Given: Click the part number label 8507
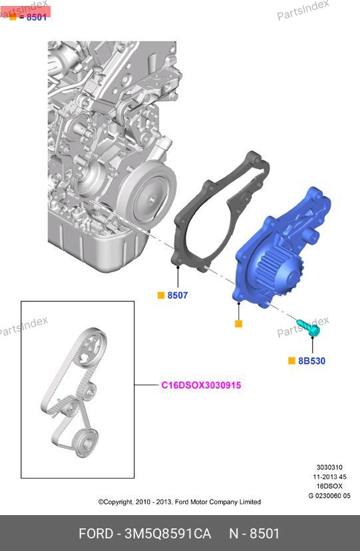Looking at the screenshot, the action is (178, 295).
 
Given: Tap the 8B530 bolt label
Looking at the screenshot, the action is (311, 361).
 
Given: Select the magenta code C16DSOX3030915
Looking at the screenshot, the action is (201, 385).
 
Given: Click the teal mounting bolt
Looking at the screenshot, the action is (308, 327).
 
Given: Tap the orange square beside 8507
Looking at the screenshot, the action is (161, 295).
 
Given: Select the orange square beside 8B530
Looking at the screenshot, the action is (291, 361).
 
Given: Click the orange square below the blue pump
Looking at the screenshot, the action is (238, 323).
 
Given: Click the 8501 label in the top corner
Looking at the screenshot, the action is (37, 17).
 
